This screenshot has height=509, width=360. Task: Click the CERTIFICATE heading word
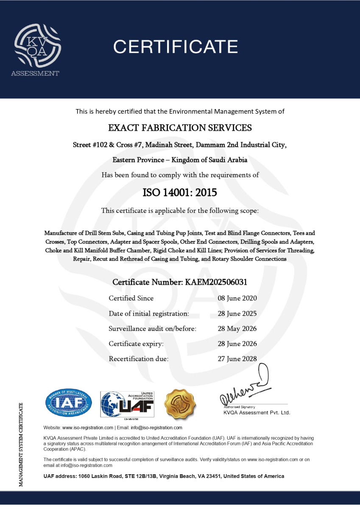[176, 46]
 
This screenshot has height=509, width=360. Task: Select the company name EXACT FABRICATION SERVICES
[180, 128]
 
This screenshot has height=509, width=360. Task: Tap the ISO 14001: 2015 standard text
[180, 193]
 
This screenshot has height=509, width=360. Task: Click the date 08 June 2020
[237, 298]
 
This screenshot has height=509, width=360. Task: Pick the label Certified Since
[131, 298]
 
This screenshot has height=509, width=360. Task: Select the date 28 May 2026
[237, 329]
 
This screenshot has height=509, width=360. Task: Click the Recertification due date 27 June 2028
[237, 359]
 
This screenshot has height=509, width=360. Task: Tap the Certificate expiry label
[136, 344]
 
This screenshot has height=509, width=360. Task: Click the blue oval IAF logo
[68, 403]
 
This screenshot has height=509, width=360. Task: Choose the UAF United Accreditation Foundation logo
[127, 404]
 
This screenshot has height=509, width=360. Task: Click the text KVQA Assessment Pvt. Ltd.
[257, 413]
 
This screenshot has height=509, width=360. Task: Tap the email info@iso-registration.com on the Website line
[156, 428]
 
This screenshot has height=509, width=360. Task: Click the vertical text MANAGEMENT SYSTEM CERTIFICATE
[21, 443]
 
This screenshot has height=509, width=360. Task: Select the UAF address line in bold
[164, 476]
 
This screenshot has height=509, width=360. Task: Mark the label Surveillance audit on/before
[152, 329]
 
